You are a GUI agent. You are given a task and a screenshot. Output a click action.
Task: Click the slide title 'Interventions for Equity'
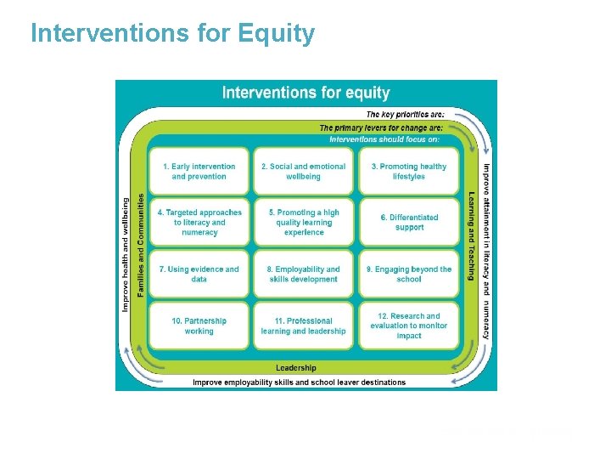click(172, 33)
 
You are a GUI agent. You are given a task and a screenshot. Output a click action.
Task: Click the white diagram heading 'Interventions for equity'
click(305, 93)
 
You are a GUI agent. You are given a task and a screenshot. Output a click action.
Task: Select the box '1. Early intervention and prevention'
click(199, 172)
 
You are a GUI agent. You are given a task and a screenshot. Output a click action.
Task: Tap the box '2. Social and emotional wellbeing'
click(303, 172)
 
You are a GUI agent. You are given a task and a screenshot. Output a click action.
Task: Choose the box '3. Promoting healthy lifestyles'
click(408, 172)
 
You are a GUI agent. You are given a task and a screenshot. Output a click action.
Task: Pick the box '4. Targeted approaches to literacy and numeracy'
click(199, 223)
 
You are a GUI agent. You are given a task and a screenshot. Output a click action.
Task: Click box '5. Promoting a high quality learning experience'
click(303, 223)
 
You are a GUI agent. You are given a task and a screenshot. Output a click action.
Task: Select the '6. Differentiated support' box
click(408, 223)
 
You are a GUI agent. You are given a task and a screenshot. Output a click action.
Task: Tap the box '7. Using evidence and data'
click(199, 274)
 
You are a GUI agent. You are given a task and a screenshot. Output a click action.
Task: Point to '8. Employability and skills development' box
click(303, 274)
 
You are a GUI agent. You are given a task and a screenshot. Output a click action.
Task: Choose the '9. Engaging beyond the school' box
click(408, 274)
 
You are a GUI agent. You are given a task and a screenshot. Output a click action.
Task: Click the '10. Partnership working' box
click(199, 326)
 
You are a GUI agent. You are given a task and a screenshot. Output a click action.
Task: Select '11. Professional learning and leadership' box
click(303, 326)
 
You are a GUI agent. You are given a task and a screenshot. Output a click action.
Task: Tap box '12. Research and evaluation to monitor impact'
click(408, 326)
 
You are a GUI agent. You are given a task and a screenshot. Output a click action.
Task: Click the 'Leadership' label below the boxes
click(296, 368)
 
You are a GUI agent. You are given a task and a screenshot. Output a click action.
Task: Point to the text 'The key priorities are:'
click(405, 115)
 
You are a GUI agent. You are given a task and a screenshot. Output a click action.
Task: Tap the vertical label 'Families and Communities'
click(141, 246)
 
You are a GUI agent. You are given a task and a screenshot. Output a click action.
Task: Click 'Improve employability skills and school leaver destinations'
click(299, 382)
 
